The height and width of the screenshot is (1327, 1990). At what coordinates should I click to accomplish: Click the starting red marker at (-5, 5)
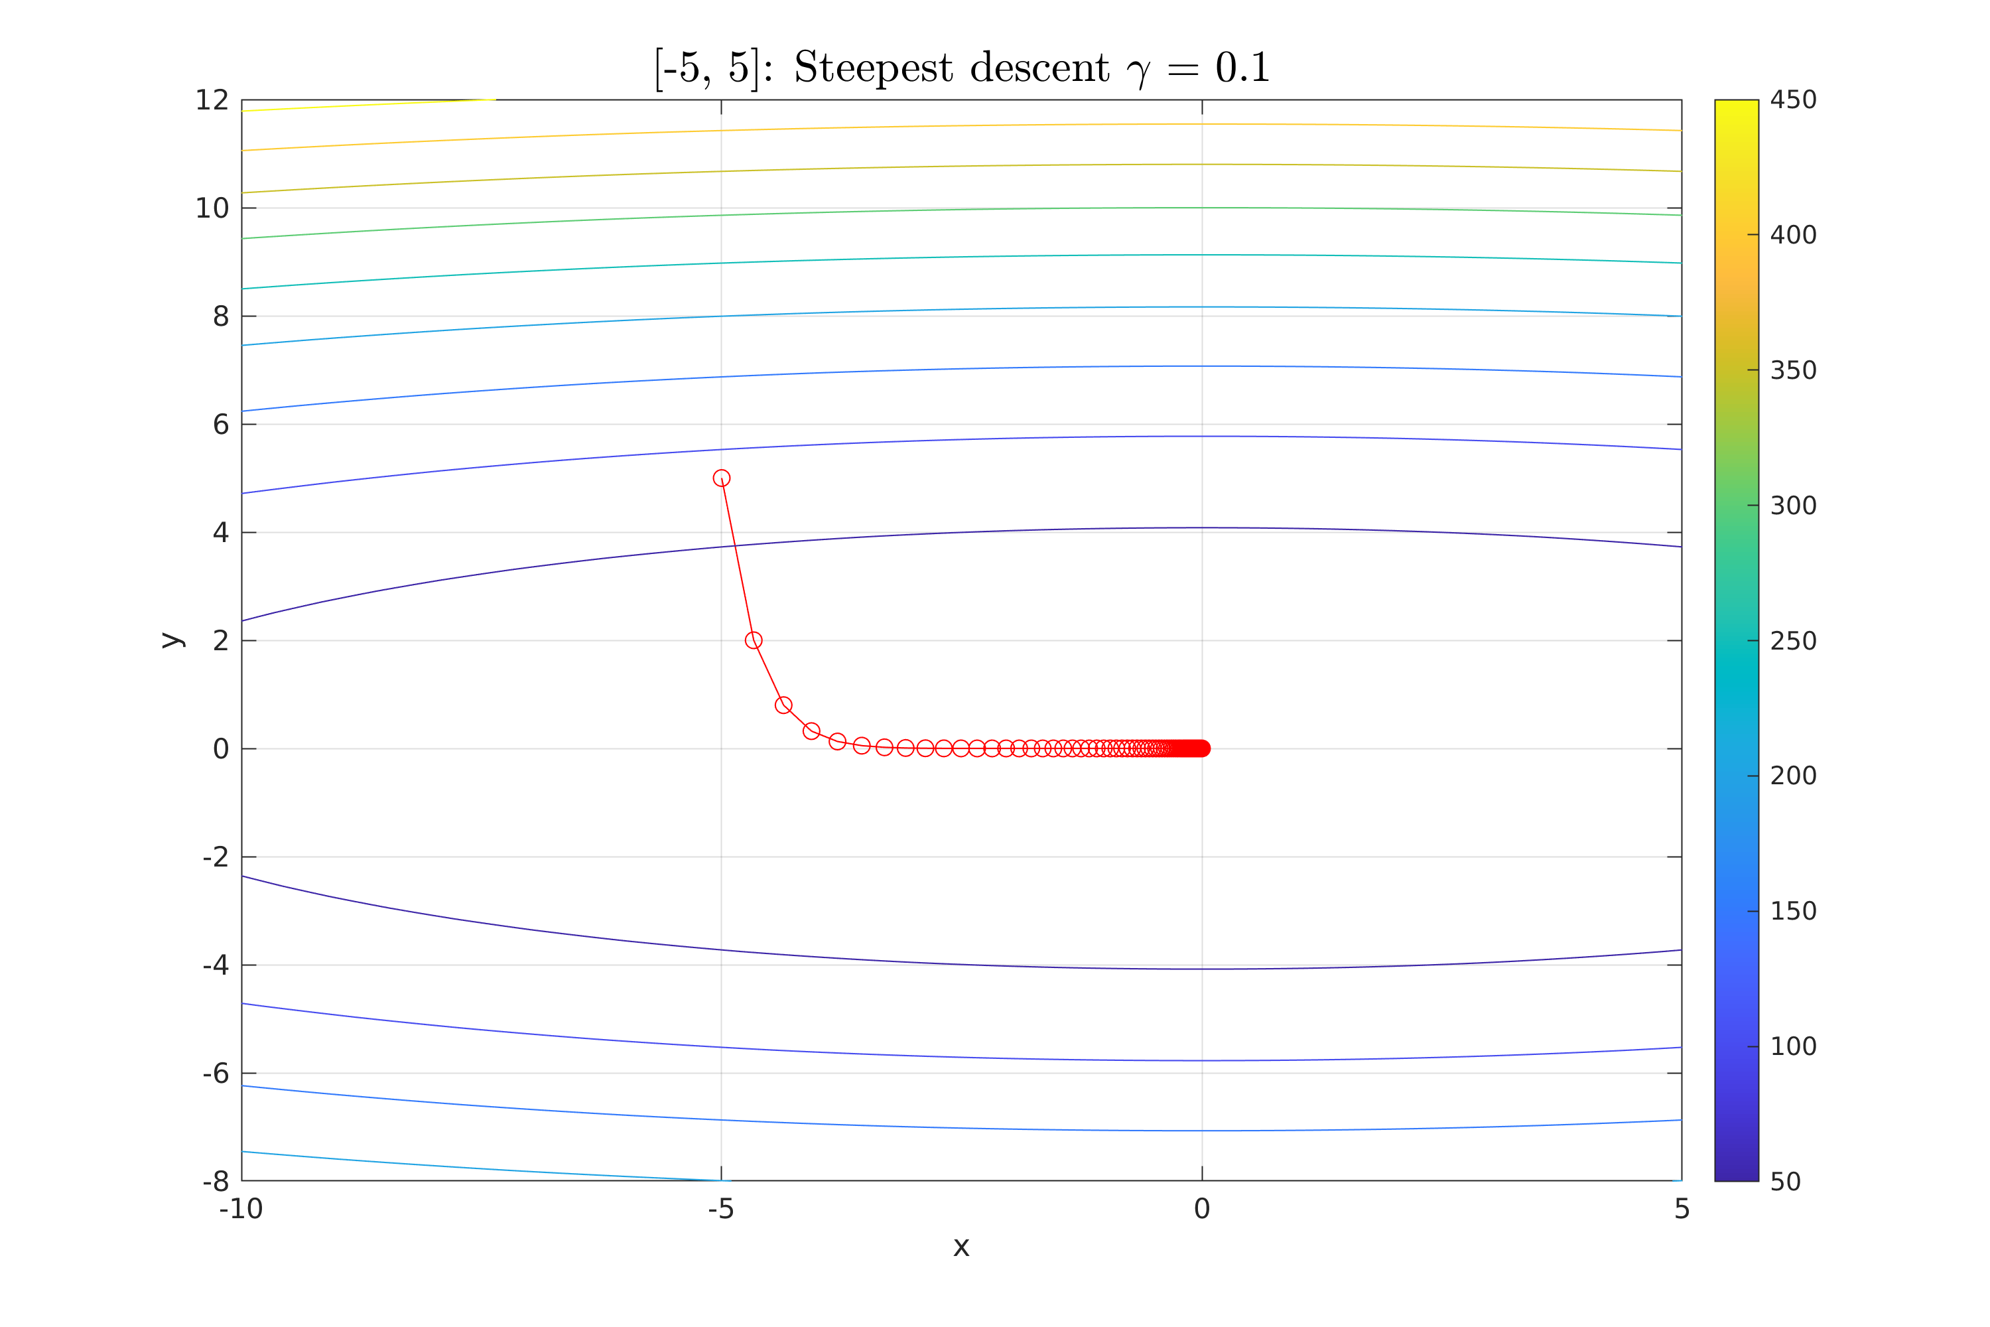721,478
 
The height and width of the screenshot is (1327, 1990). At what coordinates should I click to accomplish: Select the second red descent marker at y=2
753,641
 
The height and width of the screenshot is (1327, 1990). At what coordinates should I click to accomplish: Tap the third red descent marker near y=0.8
783,705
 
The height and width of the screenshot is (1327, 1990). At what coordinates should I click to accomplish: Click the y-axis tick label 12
212,101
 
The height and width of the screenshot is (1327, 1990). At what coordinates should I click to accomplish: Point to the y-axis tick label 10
212,208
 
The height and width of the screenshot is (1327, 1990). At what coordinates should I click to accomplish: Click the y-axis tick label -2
216,857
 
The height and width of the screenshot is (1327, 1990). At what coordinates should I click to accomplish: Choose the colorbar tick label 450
1793,101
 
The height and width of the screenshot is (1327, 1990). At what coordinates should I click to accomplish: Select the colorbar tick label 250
1793,641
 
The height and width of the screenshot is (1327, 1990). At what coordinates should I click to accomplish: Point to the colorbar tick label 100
1793,1047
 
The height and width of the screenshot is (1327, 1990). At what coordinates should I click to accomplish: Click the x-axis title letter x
961,1247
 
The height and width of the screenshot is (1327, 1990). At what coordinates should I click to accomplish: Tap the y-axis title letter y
172,641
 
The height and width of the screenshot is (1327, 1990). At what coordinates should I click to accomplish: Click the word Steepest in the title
873,68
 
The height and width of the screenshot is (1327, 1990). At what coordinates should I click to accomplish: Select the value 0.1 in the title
1242,68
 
